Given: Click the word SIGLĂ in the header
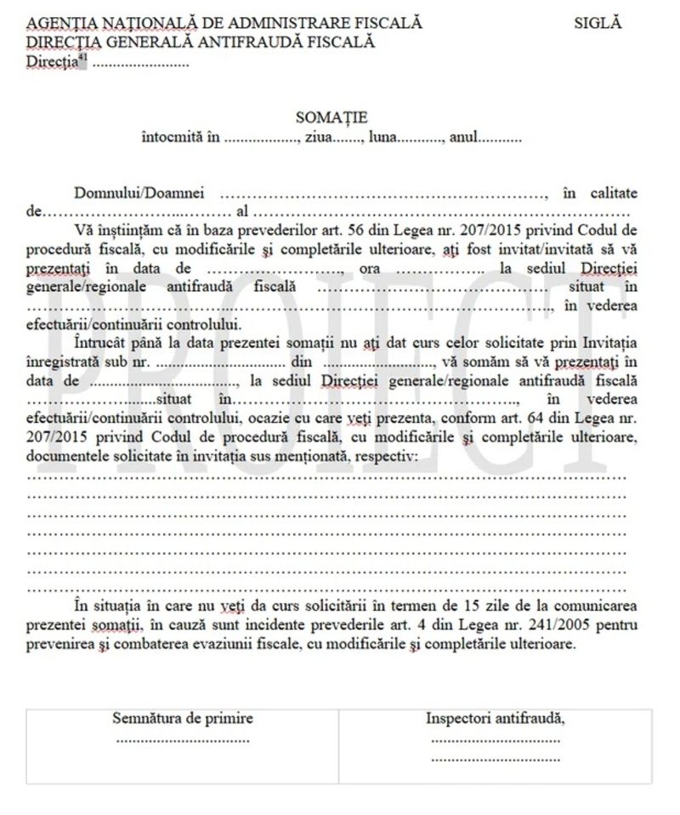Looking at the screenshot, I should coord(598,23).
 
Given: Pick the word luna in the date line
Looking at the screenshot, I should coord(384,137).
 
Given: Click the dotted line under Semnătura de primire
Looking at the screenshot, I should coord(183,738).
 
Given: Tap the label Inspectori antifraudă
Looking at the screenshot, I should coord(496,718).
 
